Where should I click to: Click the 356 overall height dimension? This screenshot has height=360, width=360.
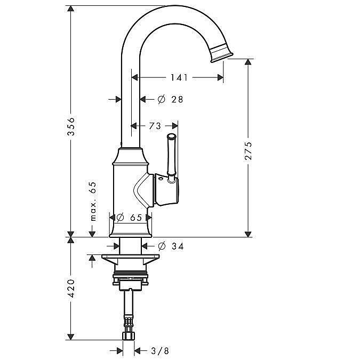tap(71, 126)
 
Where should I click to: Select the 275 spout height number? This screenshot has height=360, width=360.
tap(248, 151)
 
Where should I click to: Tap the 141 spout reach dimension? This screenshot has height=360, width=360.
tap(179, 78)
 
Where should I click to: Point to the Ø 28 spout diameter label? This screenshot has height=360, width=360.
tap(170, 99)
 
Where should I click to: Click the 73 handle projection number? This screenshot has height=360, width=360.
tap(155, 126)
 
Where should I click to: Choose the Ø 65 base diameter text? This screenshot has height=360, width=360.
tap(129, 218)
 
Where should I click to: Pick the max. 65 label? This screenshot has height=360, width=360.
tap(93, 202)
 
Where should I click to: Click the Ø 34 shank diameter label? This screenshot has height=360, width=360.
tap(171, 246)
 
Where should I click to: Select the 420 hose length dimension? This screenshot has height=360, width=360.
tap(71, 289)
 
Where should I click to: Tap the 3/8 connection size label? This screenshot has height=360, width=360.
tap(160, 350)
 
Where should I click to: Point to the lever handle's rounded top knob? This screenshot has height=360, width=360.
tap(172, 137)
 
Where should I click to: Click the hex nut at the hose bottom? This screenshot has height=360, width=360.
tap(129, 335)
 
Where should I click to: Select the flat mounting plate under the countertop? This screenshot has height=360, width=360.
tap(131, 256)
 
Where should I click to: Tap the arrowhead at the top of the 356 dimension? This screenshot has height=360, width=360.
tap(71, 9)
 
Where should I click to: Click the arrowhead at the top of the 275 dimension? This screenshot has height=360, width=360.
tap(248, 62)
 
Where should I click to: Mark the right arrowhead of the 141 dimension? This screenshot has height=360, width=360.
tap(220, 78)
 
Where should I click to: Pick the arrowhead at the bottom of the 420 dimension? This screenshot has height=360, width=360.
tap(71, 337)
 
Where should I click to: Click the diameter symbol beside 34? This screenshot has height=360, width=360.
tap(162, 246)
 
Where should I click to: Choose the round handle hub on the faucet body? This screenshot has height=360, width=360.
tap(167, 189)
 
